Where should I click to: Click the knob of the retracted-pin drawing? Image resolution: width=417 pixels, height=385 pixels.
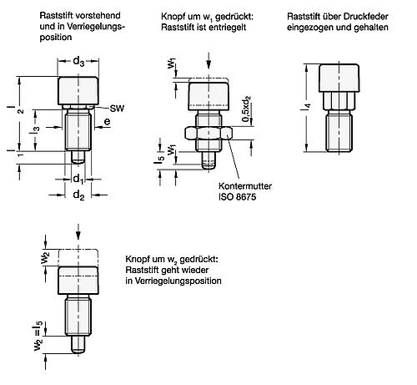(x=339, y=79)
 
